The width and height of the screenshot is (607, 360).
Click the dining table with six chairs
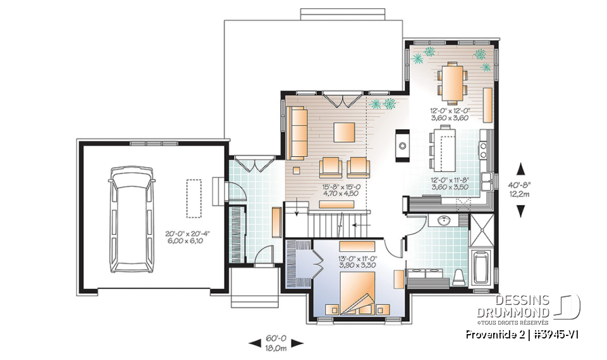coord(451,83)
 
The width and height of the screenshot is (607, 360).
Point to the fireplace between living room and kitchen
coord(402,145)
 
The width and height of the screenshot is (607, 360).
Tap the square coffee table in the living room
coord(345,132)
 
